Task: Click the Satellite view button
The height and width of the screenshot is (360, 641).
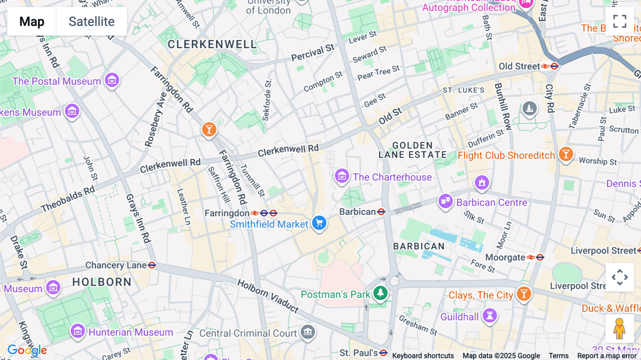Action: (x=92, y=21)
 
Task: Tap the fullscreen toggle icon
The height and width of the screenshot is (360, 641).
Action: (x=620, y=21)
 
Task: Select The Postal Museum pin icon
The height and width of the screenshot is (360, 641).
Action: (x=112, y=81)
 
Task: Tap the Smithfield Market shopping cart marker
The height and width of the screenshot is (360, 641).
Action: (x=319, y=223)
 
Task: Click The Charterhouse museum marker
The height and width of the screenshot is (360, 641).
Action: (x=342, y=176)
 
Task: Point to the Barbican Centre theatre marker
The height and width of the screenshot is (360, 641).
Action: (x=445, y=201)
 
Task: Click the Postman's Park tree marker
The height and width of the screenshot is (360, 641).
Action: (x=380, y=293)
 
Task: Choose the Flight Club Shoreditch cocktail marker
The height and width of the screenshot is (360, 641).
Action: (x=566, y=154)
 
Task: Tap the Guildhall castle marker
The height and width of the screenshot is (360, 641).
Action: (x=490, y=315)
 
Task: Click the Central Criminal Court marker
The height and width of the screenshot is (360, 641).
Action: (x=308, y=332)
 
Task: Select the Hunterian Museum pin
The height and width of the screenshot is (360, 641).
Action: (x=78, y=331)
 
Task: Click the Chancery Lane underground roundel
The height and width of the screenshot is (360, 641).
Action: (x=152, y=265)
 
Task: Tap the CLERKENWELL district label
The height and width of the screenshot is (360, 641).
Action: (x=212, y=45)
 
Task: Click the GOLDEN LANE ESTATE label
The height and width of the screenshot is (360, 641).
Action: (x=412, y=150)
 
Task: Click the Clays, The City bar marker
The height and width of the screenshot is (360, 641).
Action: (x=523, y=294)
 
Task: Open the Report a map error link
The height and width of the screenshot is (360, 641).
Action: (x=607, y=356)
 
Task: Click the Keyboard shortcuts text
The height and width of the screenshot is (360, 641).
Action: (x=423, y=356)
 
